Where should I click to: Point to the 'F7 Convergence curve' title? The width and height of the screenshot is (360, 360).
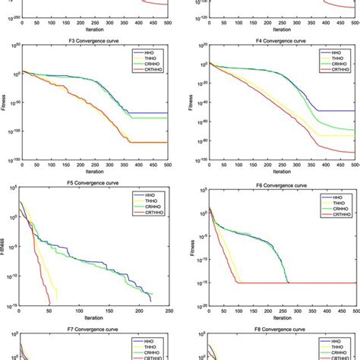[x=98, y=330]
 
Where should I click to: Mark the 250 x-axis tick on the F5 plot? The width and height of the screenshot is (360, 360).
[x=176, y=311]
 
